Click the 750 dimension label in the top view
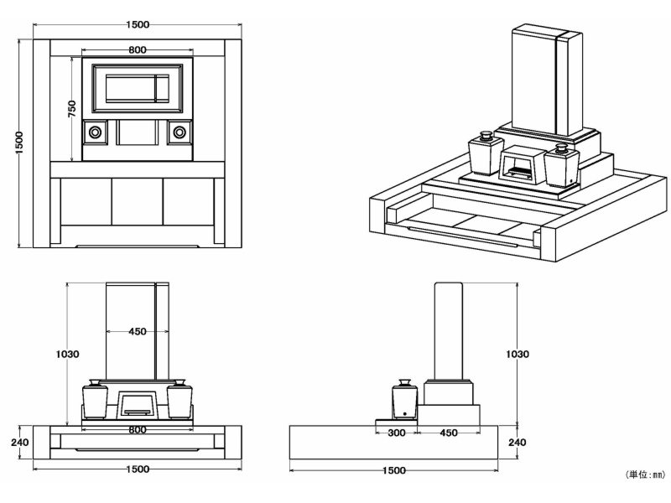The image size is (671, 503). (x=72, y=108)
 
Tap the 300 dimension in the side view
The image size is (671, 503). (x=398, y=433)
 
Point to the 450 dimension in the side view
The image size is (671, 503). (x=448, y=433)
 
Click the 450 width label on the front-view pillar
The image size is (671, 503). (x=138, y=331)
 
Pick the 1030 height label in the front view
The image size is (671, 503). (x=68, y=354)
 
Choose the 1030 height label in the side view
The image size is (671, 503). (x=518, y=354)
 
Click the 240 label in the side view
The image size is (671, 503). (x=518, y=442)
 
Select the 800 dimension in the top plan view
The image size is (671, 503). (x=138, y=50)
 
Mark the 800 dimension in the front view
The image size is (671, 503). (x=138, y=430)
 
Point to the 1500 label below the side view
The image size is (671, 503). (x=393, y=470)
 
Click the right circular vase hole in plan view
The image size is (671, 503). (x=179, y=132)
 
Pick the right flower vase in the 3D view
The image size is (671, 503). (x=560, y=165)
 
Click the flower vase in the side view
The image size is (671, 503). (x=405, y=399)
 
